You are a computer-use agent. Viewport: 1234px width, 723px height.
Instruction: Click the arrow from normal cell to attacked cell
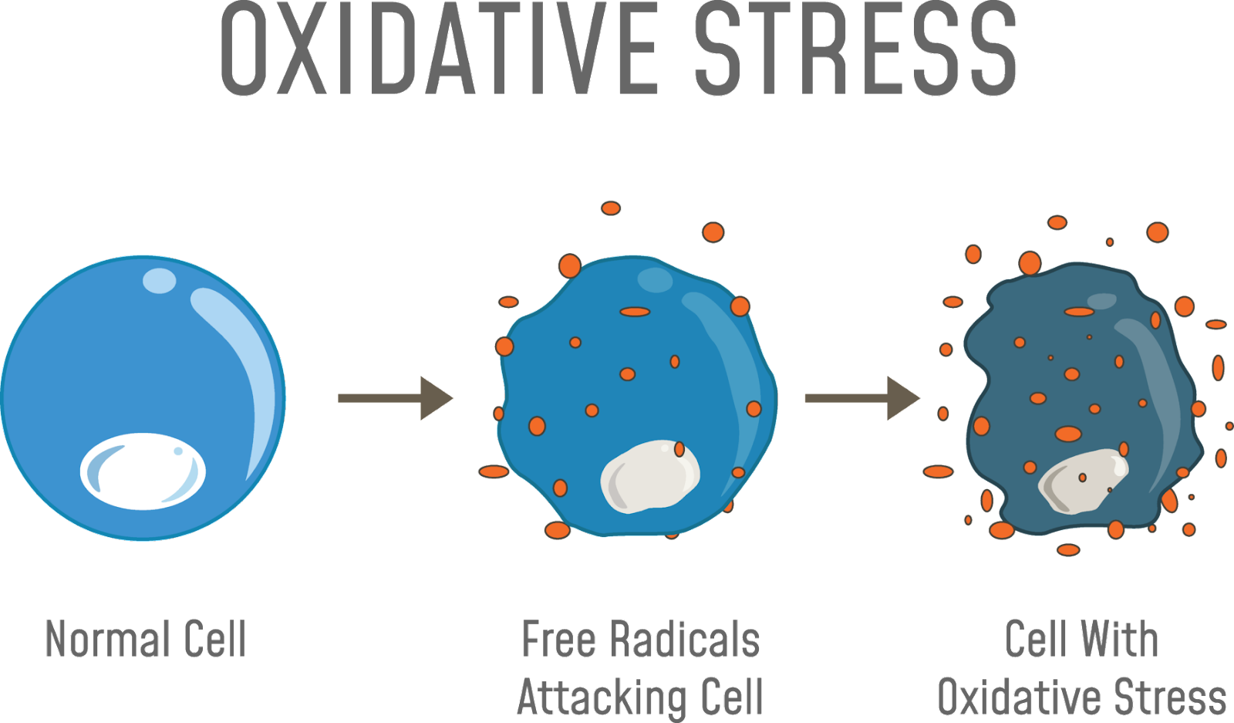(x=394, y=398)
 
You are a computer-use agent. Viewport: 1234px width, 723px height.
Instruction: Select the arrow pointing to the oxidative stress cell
(x=861, y=398)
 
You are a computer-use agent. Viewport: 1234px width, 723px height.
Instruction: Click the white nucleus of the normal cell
(x=143, y=471)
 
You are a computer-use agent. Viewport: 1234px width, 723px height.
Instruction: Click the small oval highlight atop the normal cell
(x=160, y=280)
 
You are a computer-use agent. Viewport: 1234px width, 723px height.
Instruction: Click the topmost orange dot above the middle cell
(x=611, y=208)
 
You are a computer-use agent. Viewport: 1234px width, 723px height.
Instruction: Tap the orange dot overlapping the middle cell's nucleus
(x=679, y=449)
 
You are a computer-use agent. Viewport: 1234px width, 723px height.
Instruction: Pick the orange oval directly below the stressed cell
(x=1068, y=550)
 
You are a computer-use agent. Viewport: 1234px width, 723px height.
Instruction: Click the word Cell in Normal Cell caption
(x=215, y=639)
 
